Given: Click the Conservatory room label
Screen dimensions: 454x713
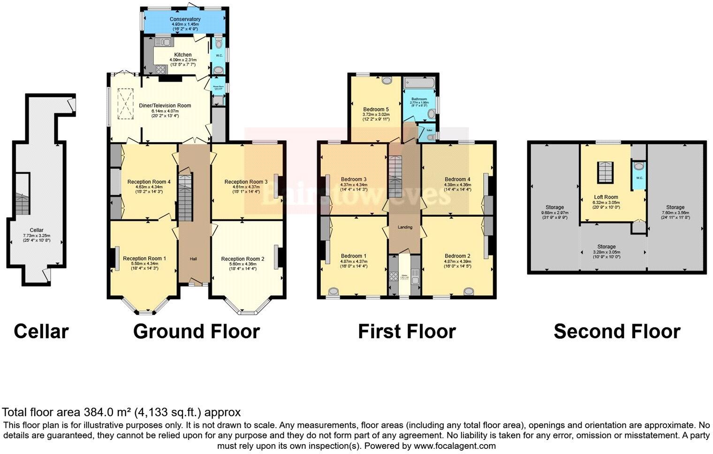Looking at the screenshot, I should pyautogui.click(x=185, y=19).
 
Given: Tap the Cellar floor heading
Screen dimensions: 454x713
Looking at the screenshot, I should pyautogui.click(x=41, y=331).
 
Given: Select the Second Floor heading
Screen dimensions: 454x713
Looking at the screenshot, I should pyautogui.click(x=617, y=331).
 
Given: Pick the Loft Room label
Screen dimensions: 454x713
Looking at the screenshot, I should pyautogui.click(x=605, y=197).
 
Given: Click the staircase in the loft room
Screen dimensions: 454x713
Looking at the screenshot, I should pyautogui.click(x=605, y=173).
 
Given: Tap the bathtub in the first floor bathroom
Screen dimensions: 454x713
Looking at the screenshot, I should pyautogui.click(x=420, y=84).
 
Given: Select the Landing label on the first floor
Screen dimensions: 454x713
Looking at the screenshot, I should pyautogui.click(x=405, y=227).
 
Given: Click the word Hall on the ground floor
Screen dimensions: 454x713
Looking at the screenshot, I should pyautogui.click(x=193, y=259).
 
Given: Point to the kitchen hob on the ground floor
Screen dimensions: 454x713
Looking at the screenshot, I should pyautogui.click(x=160, y=69).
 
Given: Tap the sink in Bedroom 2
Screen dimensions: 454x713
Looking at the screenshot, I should pyautogui.click(x=468, y=291).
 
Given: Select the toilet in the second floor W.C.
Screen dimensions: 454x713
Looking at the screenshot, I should pyautogui.click(x=637, y=166).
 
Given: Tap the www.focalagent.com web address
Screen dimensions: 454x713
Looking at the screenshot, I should pyautogui.click(x=455, y=446).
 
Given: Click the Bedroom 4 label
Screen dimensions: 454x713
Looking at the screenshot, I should pyautogui.click(x=457, y=179).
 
